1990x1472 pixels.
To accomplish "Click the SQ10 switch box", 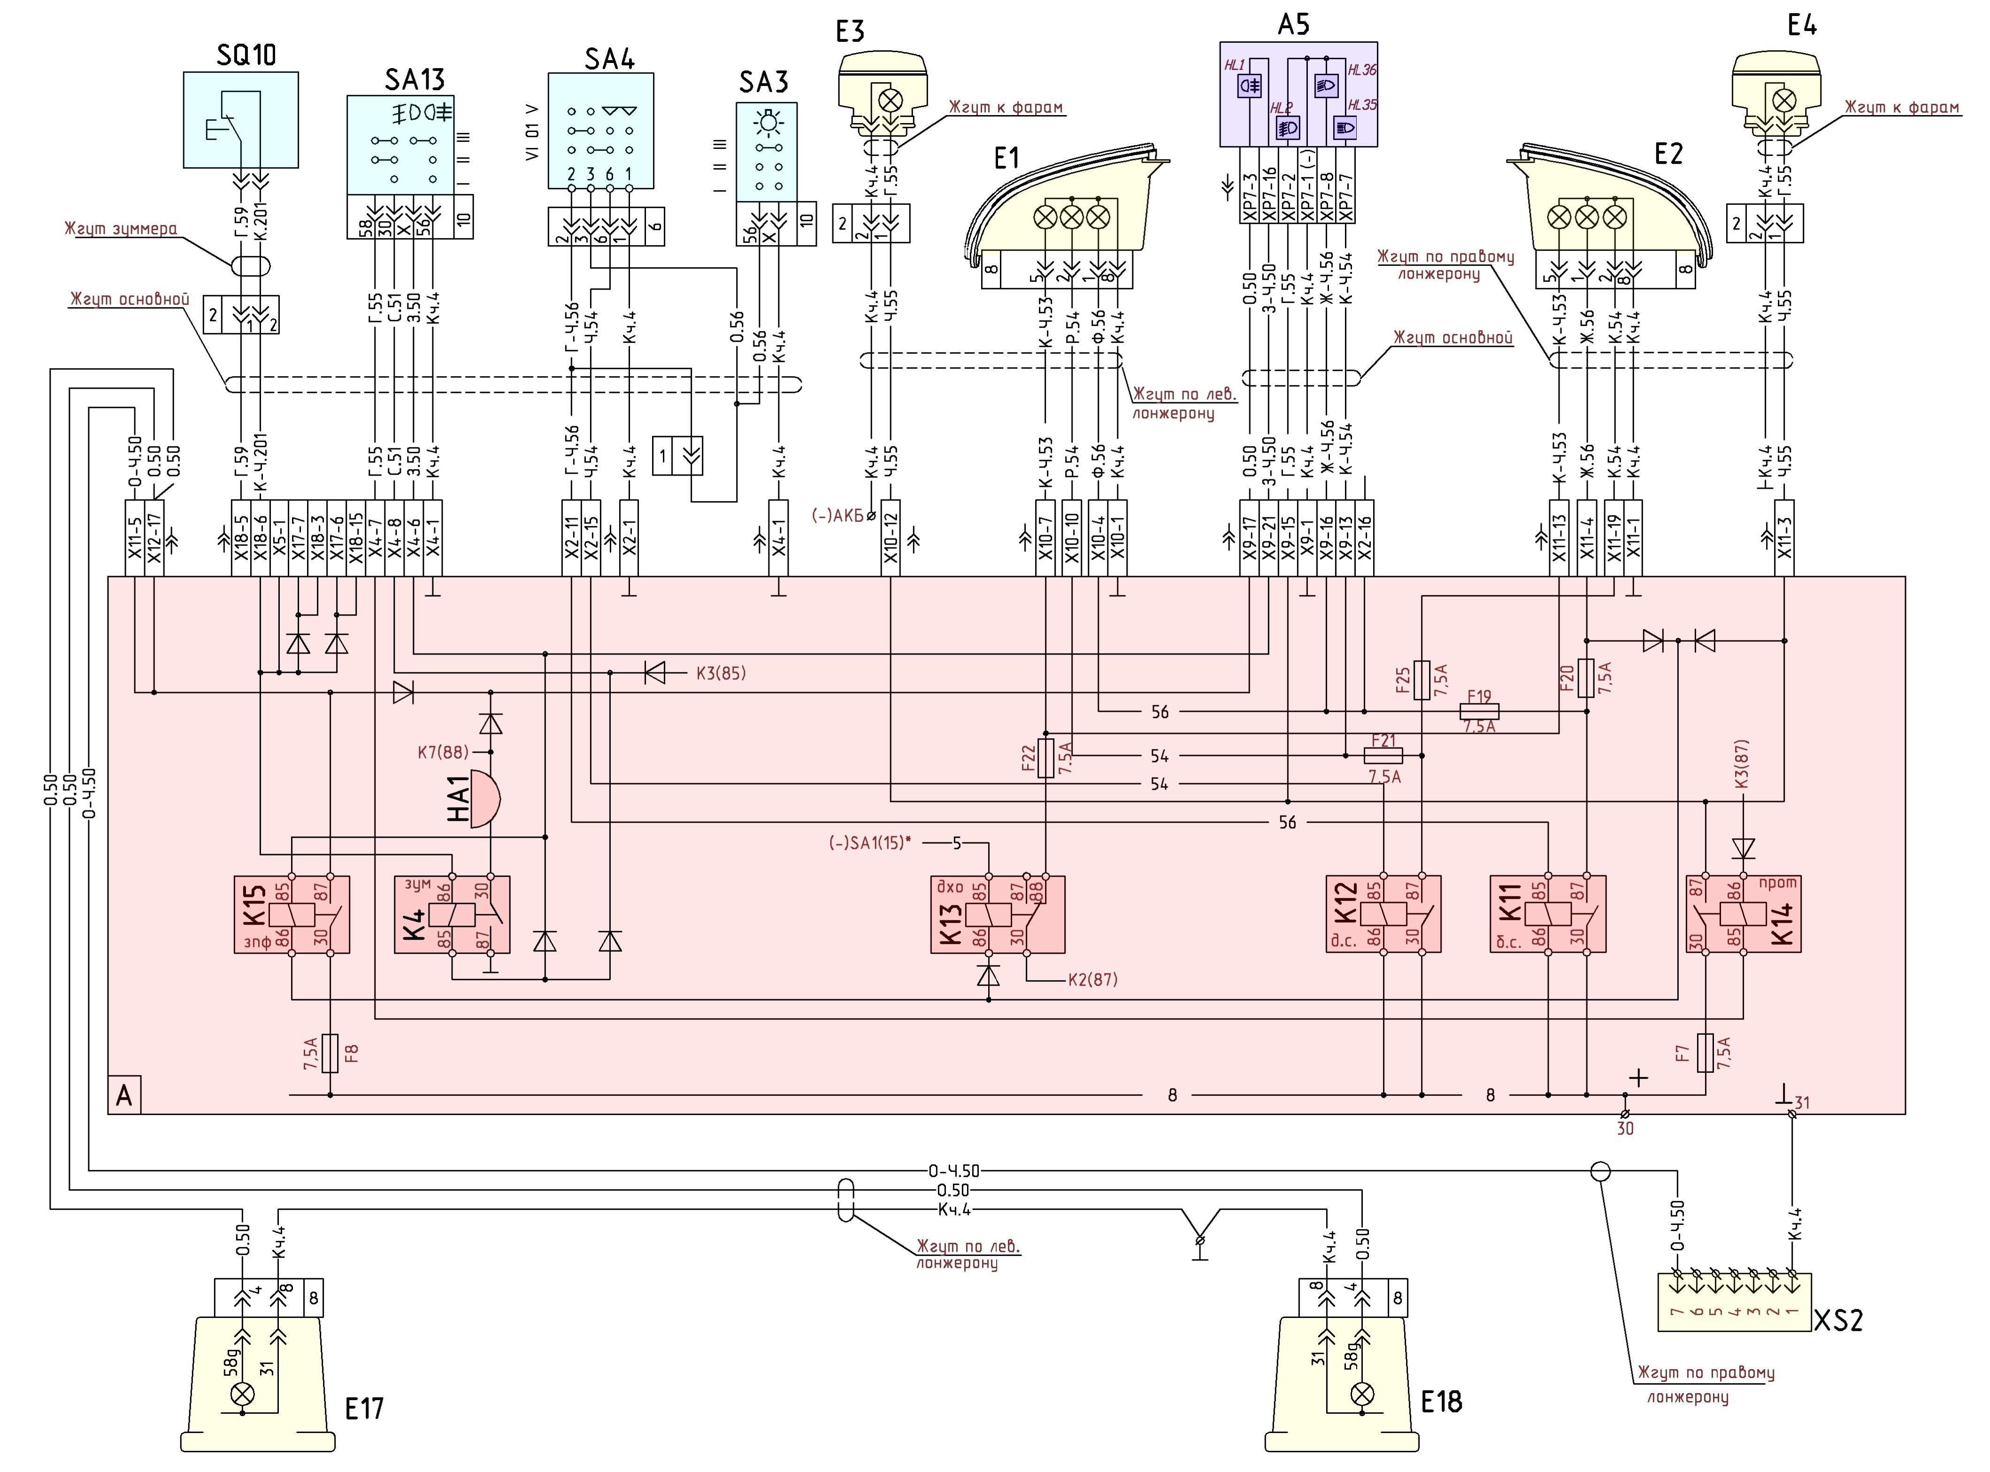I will pos(240,120).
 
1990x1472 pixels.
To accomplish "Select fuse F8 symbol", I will pos(330,1053).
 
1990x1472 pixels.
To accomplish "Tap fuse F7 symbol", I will pos(1705,1053).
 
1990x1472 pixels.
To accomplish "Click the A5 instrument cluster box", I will pos(1298,93).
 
